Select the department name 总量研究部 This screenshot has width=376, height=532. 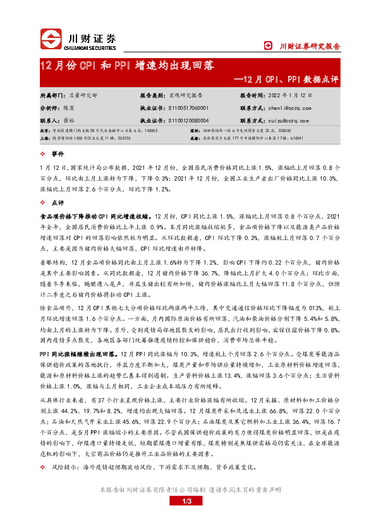click(x=83, y=95)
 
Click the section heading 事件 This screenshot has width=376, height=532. click(x=58, y=154)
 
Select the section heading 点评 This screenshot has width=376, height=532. click(x=58, y=203)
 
